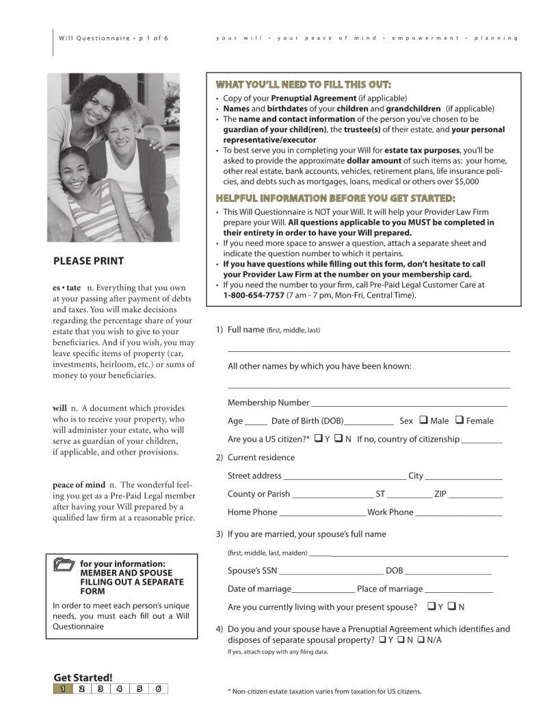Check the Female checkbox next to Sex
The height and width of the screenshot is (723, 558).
point(460,420)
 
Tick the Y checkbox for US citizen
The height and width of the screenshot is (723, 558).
point(318,439)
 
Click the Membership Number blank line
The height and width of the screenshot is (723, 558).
point(408,403)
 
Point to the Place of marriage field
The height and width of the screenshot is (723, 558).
point(459,590)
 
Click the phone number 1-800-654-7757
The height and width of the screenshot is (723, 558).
point(254,295)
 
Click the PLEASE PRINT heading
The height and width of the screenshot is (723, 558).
point(89,261)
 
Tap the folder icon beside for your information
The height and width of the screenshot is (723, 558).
point(64,565)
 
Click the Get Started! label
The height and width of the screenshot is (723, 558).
point(83,676)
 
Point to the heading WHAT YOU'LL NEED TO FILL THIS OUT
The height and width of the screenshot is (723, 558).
point(304,84)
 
